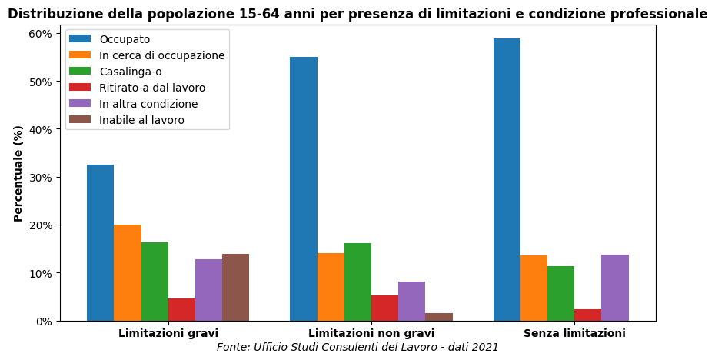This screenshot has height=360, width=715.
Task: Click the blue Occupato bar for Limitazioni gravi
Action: click(x=100, y=242)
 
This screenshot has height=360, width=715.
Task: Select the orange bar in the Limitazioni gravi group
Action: click(x=128, y=272)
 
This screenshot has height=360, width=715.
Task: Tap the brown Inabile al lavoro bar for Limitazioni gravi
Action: click(x=235, y=287)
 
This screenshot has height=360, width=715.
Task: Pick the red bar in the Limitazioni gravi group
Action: click(x=181, y=309)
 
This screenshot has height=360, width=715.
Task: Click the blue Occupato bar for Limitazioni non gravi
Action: click(x=304, y=188)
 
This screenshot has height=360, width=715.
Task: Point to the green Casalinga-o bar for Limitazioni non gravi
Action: click(x=357, y=282)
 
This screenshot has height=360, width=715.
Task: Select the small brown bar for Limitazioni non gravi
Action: click(x=439, y=317)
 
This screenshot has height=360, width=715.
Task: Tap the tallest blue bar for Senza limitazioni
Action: click(x=507, y=179)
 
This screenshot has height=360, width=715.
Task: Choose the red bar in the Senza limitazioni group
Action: click(x=587, y=315)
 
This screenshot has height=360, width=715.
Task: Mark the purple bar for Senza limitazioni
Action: click(x=615, y=288)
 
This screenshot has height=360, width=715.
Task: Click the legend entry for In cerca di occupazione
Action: click(x=161, y=55)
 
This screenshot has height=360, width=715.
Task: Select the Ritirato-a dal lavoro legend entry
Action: click(x=152, y=88)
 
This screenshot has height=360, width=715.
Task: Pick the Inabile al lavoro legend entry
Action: click(x=141, y=120)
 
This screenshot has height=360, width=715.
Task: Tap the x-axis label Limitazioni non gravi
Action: click(x=371, y=333)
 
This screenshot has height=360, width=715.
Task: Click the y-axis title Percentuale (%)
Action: click(x=18, y=173)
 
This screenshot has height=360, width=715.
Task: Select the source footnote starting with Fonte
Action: click(x=357, y=347)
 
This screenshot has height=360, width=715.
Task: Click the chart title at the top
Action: click(x=357, y=14)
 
